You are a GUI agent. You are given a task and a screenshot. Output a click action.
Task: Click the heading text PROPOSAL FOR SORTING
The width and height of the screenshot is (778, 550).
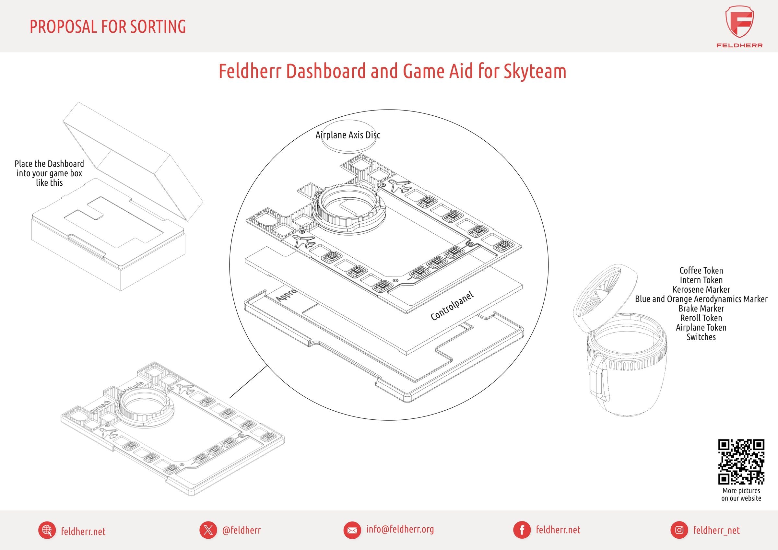point(108,27)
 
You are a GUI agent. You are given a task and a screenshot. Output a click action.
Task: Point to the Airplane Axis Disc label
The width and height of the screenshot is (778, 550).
point(348,135)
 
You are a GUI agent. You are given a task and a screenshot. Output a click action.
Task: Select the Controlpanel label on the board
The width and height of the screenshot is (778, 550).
point(452,306)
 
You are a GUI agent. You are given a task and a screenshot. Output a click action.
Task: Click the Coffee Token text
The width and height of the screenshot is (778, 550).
point(701,271)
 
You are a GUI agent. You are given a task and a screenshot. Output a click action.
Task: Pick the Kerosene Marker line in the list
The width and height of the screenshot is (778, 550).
point(701,290)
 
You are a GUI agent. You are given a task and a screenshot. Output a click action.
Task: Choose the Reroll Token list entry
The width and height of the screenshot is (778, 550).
point(701,318)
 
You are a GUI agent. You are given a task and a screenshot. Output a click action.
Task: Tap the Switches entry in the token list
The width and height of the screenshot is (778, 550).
point(701,337)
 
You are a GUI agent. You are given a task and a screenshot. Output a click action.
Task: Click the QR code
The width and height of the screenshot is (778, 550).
point(741,462)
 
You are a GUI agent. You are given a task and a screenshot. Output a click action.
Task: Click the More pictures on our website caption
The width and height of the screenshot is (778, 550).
point(741,495)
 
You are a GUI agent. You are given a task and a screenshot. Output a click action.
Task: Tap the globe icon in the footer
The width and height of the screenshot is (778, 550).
point(47,530)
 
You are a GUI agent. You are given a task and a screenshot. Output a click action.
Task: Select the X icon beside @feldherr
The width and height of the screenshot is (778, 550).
point(208,530)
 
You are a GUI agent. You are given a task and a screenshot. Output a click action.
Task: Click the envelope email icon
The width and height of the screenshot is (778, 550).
point(352,530)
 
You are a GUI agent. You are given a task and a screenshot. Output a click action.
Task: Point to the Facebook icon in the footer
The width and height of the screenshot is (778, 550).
point(522,530)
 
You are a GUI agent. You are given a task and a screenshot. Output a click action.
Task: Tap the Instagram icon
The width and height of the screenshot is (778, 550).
point(679,530)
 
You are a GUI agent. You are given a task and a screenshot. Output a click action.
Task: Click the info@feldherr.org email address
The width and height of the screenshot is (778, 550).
point(400,529)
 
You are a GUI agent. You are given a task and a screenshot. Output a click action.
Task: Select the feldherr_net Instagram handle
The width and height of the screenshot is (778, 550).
point(716,530)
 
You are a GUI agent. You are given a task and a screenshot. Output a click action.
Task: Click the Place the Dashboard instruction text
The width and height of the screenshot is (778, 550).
point(50,173)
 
